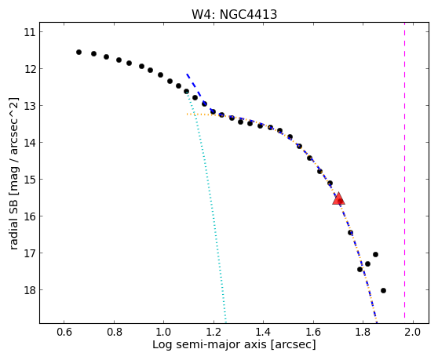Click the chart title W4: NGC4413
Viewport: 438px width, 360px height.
click(234, 14)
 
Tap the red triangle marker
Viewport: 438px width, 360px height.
click(338, 198)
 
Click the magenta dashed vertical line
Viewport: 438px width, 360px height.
click(404, 173)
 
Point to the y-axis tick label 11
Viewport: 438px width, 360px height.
click(30, 32)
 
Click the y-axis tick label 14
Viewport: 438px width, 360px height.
click(30, 143)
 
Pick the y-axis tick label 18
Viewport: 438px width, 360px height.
click(30, 290)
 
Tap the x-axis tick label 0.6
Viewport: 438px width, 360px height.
click(64, 332)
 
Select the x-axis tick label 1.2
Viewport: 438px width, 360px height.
click(214, 332)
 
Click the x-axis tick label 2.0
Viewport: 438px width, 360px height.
click(413, 332)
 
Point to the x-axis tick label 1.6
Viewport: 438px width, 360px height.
click(313, 332)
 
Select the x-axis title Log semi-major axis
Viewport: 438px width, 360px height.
click(210, 345)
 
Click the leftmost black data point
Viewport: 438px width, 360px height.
click(78, 53)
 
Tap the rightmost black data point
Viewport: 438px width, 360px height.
click(383, 290)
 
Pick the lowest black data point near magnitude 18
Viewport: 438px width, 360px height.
click(383, 290)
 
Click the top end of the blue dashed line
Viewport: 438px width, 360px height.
click(187, 74)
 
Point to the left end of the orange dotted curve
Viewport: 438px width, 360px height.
click(187, 114)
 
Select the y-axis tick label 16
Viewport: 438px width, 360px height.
click(30, 216)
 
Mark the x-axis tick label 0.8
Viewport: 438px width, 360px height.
click(114, 332)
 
